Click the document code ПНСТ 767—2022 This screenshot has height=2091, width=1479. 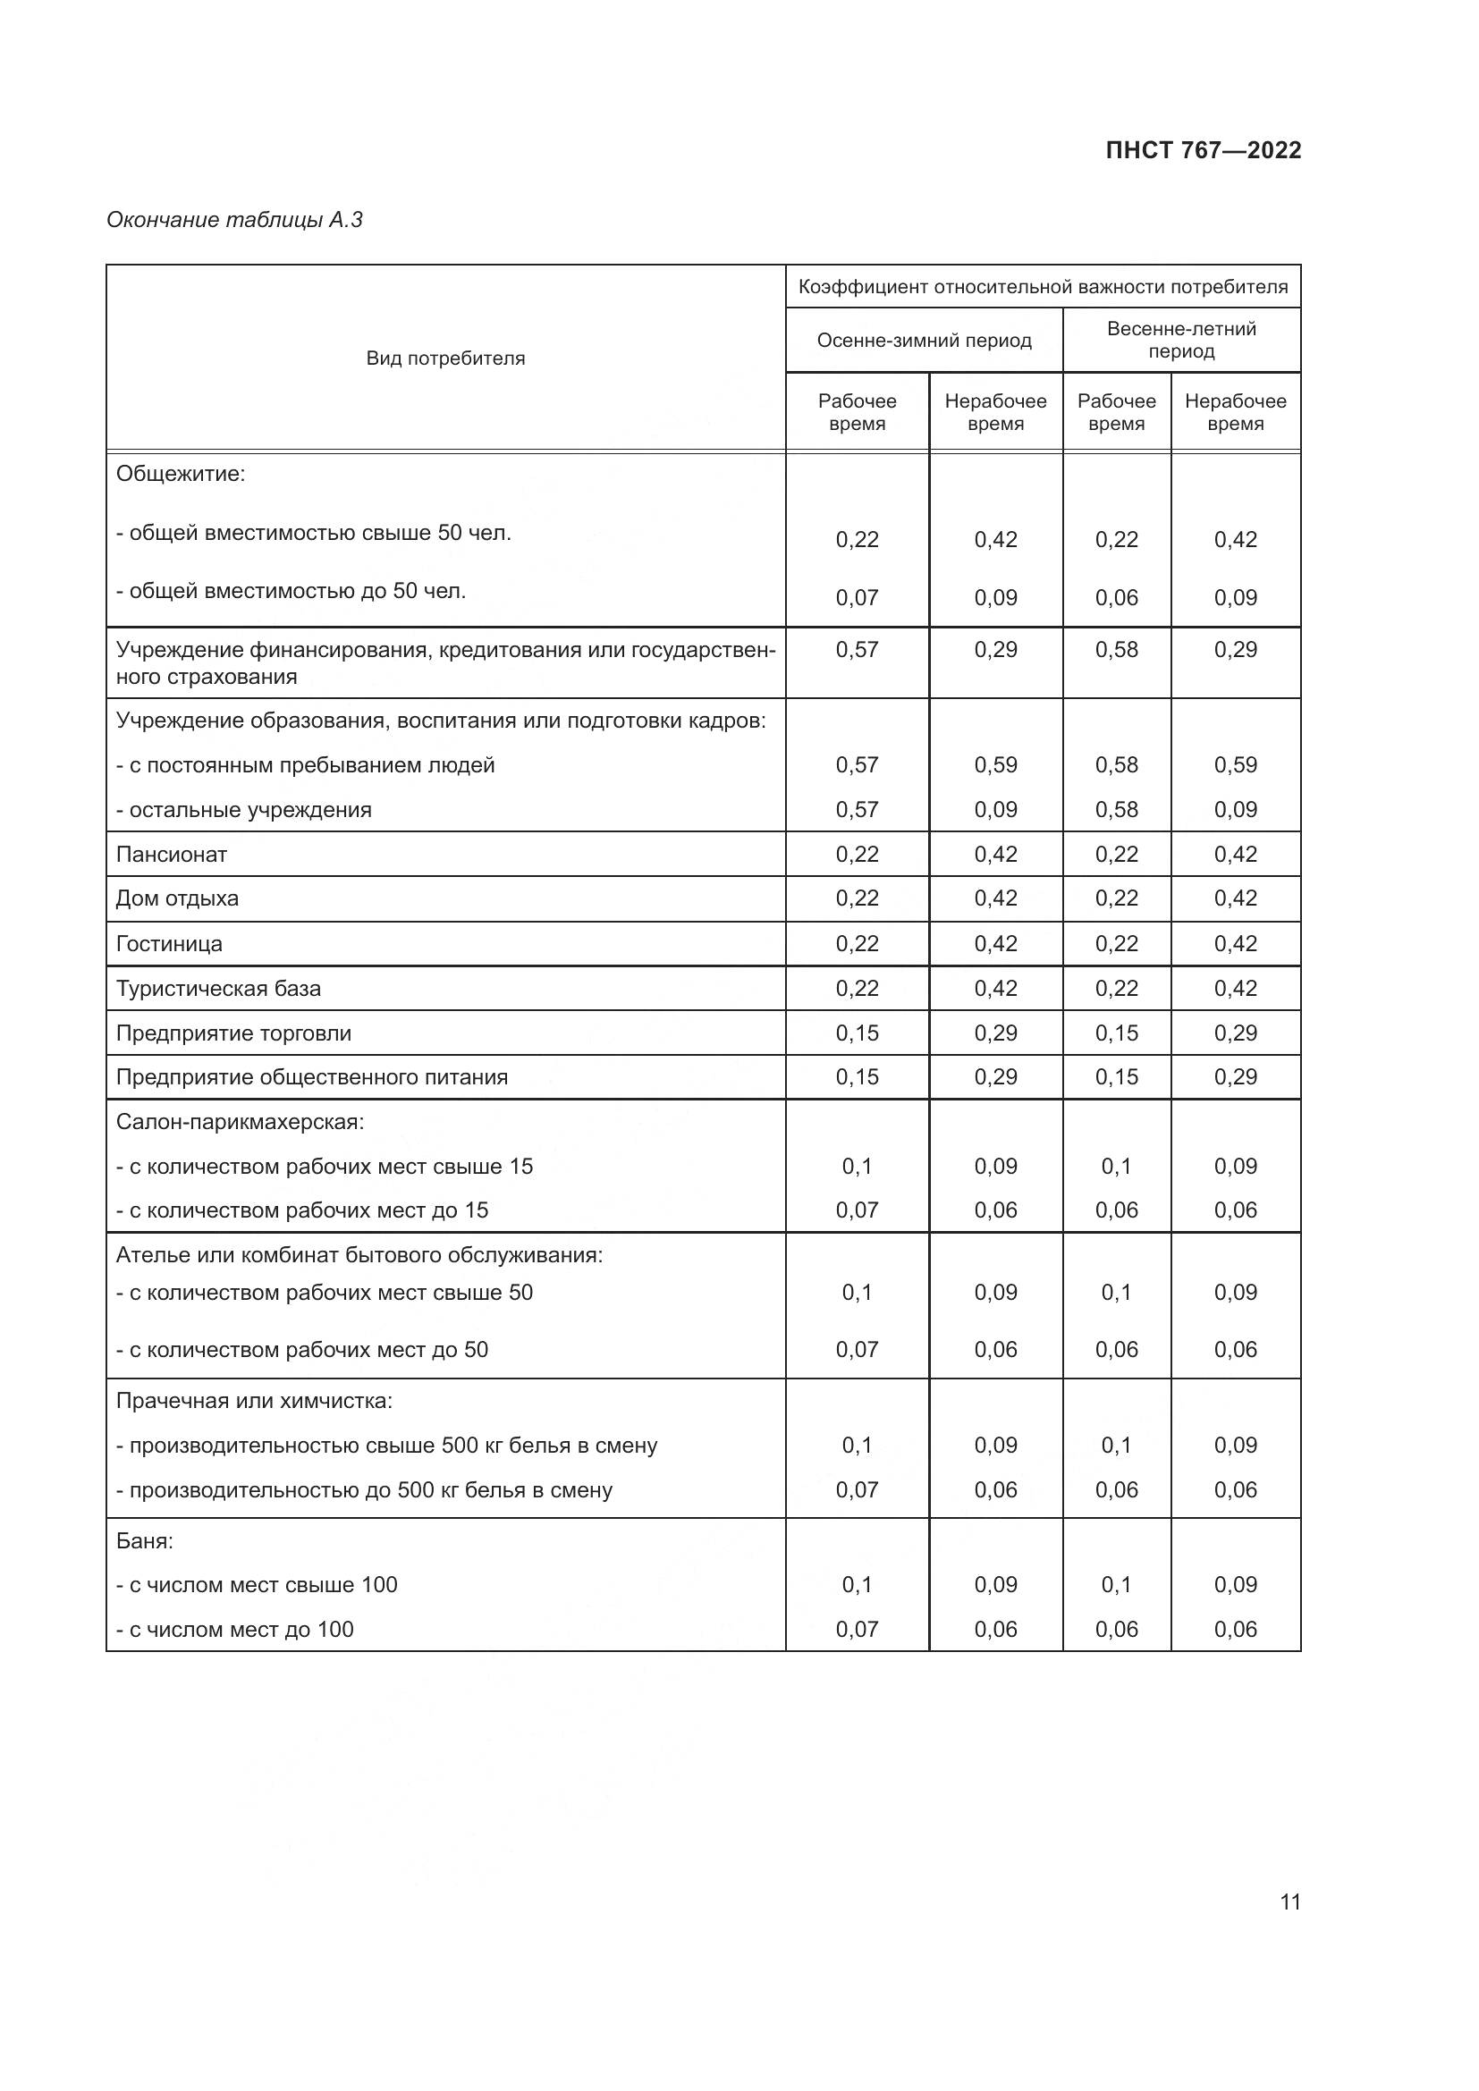tap(1202, 150)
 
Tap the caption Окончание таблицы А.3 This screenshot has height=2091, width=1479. tap(235, 220)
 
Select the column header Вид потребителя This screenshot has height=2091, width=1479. tap(445, 358)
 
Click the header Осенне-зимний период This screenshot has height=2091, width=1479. tap(924, 341)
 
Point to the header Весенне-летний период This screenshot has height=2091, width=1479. tap(1180, 340)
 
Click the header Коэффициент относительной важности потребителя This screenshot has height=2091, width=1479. tap(1043, 287)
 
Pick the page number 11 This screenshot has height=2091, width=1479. tap(1289, 1901)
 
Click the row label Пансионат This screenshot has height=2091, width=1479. tap(171, 855)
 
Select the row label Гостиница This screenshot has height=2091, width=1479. tap(169, 943)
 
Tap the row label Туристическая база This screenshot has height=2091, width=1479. tap(218, 988)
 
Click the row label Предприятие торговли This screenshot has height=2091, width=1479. tap(233, 1033)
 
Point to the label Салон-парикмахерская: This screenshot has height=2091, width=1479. tap(240, 1122)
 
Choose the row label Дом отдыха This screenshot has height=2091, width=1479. tap(178, 898)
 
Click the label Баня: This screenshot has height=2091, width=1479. tap(145, 1541)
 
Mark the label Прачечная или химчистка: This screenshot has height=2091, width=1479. tap(254, 1401)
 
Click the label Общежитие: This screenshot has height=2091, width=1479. tap(181, 474)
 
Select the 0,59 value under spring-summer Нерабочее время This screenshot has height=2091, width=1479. tap(1235, 765)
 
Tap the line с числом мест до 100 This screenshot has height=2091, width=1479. tap(235, 1630)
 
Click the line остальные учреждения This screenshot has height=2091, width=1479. tap(244, 810)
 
